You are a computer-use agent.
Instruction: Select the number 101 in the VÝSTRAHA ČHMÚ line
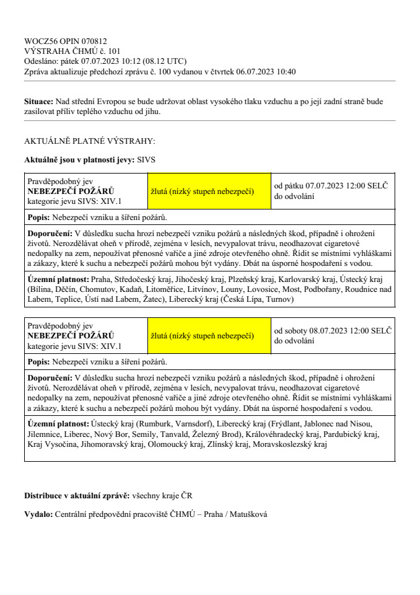pyautogui.click(x=113, y=51)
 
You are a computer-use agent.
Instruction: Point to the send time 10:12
pyautogui.click(x=131, y=61)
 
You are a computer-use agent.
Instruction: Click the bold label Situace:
pyautogui.click(x=38, y=100)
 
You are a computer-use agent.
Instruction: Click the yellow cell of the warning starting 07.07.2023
pyautogui.click(x=209, y=191)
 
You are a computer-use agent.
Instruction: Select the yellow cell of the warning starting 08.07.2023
pyautogui.click(x=209, y=336)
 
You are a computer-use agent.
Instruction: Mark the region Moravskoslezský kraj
pyautogui.click(x=289, y=444)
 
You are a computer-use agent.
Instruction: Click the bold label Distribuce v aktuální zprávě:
pyautogui.click(x=77, y=496)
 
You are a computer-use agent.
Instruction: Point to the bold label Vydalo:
pyautogui.click(x=38, y=514)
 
